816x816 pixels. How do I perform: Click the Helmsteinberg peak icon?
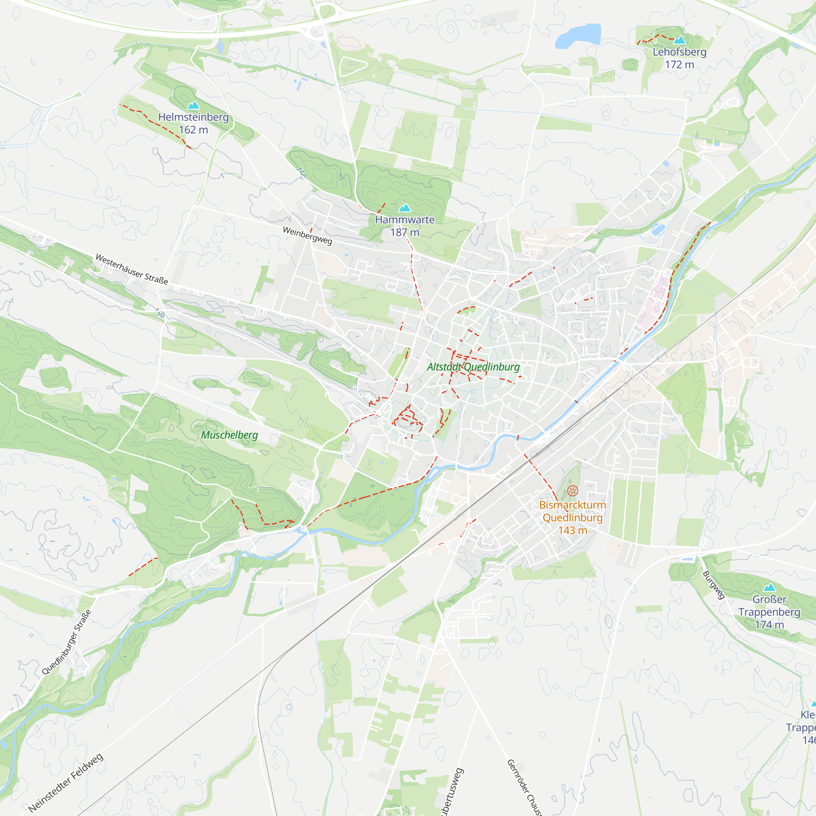click(x=193, y=105)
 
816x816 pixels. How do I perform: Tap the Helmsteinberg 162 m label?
click(x=193, y=123)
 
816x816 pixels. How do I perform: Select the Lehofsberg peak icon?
click(x=679, y=40)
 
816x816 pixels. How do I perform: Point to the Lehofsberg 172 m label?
click(x=679, y=58)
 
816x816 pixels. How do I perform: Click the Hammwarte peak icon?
click(x=405, y=207)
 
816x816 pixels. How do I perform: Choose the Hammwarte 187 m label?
click(x=405, y=226)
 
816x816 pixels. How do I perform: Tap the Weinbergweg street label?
click(x=308, y=236)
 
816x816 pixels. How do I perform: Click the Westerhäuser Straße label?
click(x=132, y=269)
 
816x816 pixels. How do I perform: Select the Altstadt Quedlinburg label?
click(x=473, y=367)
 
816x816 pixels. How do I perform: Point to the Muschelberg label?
click(x=229, y=435)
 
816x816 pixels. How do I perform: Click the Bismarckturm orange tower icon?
click(x=572, y=490)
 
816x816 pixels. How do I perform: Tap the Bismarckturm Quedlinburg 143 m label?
click(x=572, y=517)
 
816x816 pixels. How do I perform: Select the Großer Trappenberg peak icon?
click(x=769, y=587)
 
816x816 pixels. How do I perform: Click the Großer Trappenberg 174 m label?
click(x=769, y=612)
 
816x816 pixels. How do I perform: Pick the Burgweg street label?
click(x=714, y=585)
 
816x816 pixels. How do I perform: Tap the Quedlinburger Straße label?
click(x=67, y=642)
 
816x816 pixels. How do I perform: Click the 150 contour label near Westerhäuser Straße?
click(x=159, y=313)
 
